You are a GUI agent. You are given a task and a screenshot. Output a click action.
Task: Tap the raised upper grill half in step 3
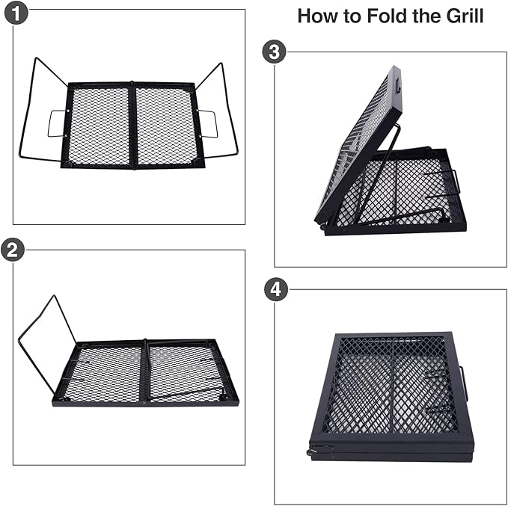click(359, 142)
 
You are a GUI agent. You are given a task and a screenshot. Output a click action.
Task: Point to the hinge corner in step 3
click(323, 223)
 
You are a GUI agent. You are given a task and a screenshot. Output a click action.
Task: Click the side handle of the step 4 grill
click(464, 383)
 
